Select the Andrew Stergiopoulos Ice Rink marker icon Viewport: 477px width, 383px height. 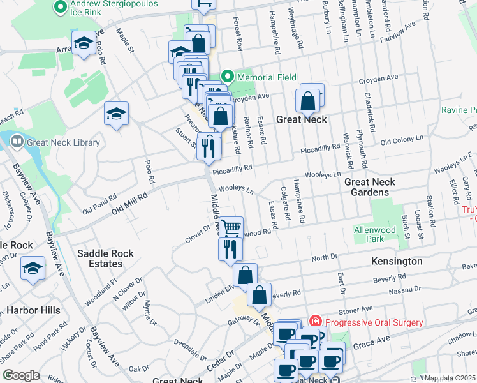pos(61,7)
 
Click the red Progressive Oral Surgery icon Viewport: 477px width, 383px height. pos(314,322)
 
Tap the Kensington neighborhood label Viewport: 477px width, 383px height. pos(396,262)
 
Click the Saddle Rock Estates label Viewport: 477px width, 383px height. pos(105,259)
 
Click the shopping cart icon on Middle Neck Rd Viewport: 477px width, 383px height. pos(231,227)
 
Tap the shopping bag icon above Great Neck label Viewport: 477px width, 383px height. pos(307,100)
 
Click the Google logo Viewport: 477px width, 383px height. pos(21,375)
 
